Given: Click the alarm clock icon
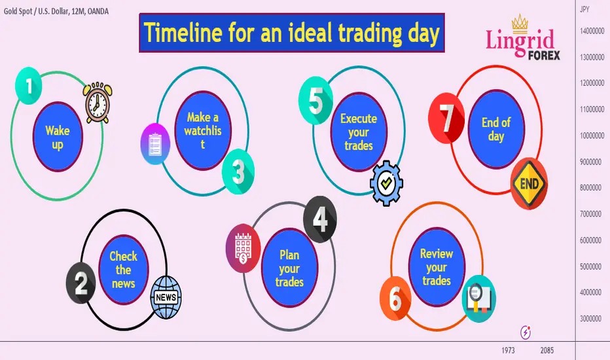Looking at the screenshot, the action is pos(98,102).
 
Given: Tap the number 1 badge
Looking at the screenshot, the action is pos(28,86).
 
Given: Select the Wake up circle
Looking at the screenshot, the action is pos(58,137).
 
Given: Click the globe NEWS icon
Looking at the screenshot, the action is pos(166,297).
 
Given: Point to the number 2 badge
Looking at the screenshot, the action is pos(81,283).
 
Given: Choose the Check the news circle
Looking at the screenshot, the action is pos(123,269).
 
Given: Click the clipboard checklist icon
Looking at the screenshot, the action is pos(155,144).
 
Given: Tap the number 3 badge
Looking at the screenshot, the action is pos(238,171).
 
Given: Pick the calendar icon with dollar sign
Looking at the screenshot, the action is pos(243,248).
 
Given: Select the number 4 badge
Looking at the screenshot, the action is pos(320,219).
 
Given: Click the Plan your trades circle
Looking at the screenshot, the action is pos(289,268).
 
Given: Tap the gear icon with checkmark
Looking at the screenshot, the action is pos(386,183).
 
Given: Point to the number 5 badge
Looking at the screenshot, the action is pos(315,100).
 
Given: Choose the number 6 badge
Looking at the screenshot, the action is pos(395,298).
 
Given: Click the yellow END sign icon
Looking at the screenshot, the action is pos(529,183).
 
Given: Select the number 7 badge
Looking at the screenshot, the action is pos(446,118).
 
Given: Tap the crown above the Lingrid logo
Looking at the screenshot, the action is pos(520,24).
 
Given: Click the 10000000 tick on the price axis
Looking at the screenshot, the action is pos(592,136).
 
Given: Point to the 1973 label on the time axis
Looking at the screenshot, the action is pos(508,350).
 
